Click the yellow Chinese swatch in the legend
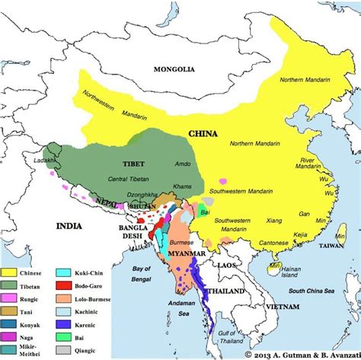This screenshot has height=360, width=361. pos(11,272)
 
